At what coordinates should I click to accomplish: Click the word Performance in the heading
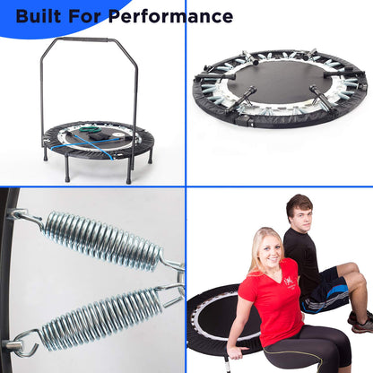click(169, 16)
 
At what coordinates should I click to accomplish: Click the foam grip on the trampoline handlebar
click(91, 39)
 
